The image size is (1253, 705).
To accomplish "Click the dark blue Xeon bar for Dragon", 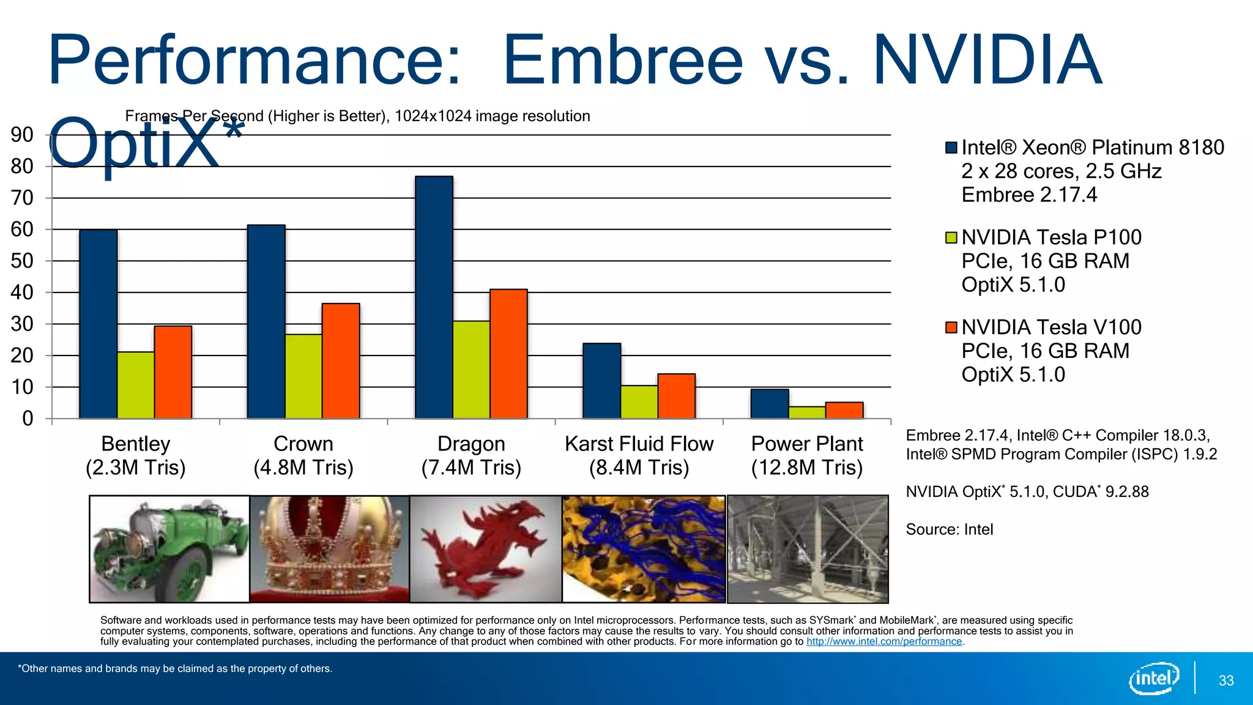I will coord(434,297).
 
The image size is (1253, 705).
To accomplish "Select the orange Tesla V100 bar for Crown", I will coord(341,361).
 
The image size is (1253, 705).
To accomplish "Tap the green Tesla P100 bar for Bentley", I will coord(135,385).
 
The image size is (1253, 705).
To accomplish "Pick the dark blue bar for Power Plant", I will coord(769,404).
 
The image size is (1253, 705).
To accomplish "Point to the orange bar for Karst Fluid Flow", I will coord(676,396).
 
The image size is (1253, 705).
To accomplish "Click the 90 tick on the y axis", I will coord(22,135).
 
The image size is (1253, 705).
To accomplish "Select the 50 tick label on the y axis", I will coord(22,261).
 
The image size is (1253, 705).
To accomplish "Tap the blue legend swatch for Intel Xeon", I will coord(951,147).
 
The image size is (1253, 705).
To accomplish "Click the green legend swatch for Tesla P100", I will coord(951,237).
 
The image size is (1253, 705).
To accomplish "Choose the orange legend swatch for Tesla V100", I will coord(951,327).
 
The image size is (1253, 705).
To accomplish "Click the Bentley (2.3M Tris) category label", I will coord(135,455).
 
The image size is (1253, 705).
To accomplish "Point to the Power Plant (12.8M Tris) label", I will coord(807,455).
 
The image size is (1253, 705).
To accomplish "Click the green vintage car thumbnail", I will coord(169,549).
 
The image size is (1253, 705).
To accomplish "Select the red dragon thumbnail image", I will coord(485,549).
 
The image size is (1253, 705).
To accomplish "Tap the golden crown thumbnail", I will coord(329,549).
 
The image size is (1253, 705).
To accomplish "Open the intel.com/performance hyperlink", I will coord(884,641).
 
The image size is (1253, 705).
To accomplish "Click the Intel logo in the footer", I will coord(1154,678).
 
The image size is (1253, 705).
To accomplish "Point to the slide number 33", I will coord(1226,681).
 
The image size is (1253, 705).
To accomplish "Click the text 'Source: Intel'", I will coord(949,529).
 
